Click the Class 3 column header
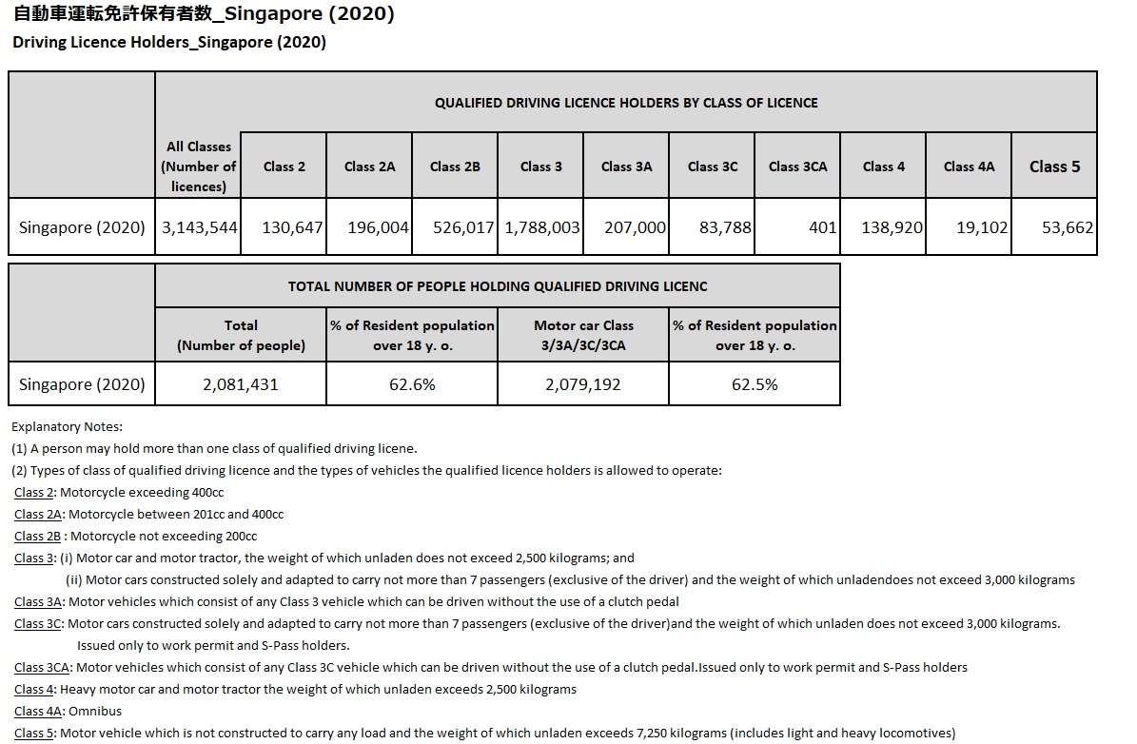click(540, 166)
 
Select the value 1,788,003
click(541, 228)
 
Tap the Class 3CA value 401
click(822, 228)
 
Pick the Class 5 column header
click(1054, 166)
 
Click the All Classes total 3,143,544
click(197, 228)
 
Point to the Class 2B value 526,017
click(458, 228)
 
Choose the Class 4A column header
click(969, 166)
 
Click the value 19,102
click(982, 228)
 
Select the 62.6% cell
click(412, 384)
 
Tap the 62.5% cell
click(755, 384)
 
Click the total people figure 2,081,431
click(241, 384)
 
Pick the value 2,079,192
click(583, 384)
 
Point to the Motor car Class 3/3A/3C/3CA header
click(583, 335)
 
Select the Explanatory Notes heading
click(68, 426)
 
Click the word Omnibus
click(95, 711)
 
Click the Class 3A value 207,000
click(635, 228)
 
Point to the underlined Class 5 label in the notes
click(33, 733)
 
